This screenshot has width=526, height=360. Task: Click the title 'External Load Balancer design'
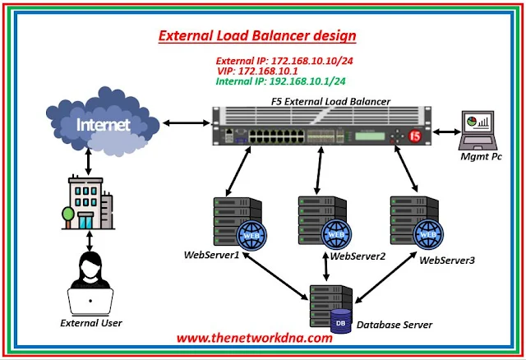click(257, 36)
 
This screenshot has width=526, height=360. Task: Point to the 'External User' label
click(92, 323)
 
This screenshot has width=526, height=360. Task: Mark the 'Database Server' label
click(394, 325)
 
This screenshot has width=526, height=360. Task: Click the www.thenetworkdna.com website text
click(254, 337)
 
